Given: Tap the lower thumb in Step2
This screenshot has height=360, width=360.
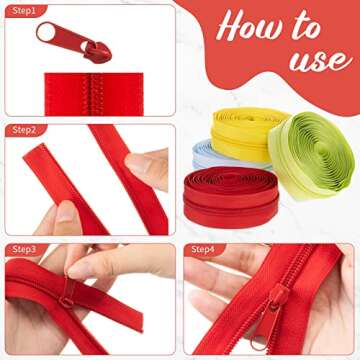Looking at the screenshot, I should pyautogui.click(x=66, y=214).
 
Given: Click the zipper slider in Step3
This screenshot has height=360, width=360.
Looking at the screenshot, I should pyautogui.click(x=67, y=296).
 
